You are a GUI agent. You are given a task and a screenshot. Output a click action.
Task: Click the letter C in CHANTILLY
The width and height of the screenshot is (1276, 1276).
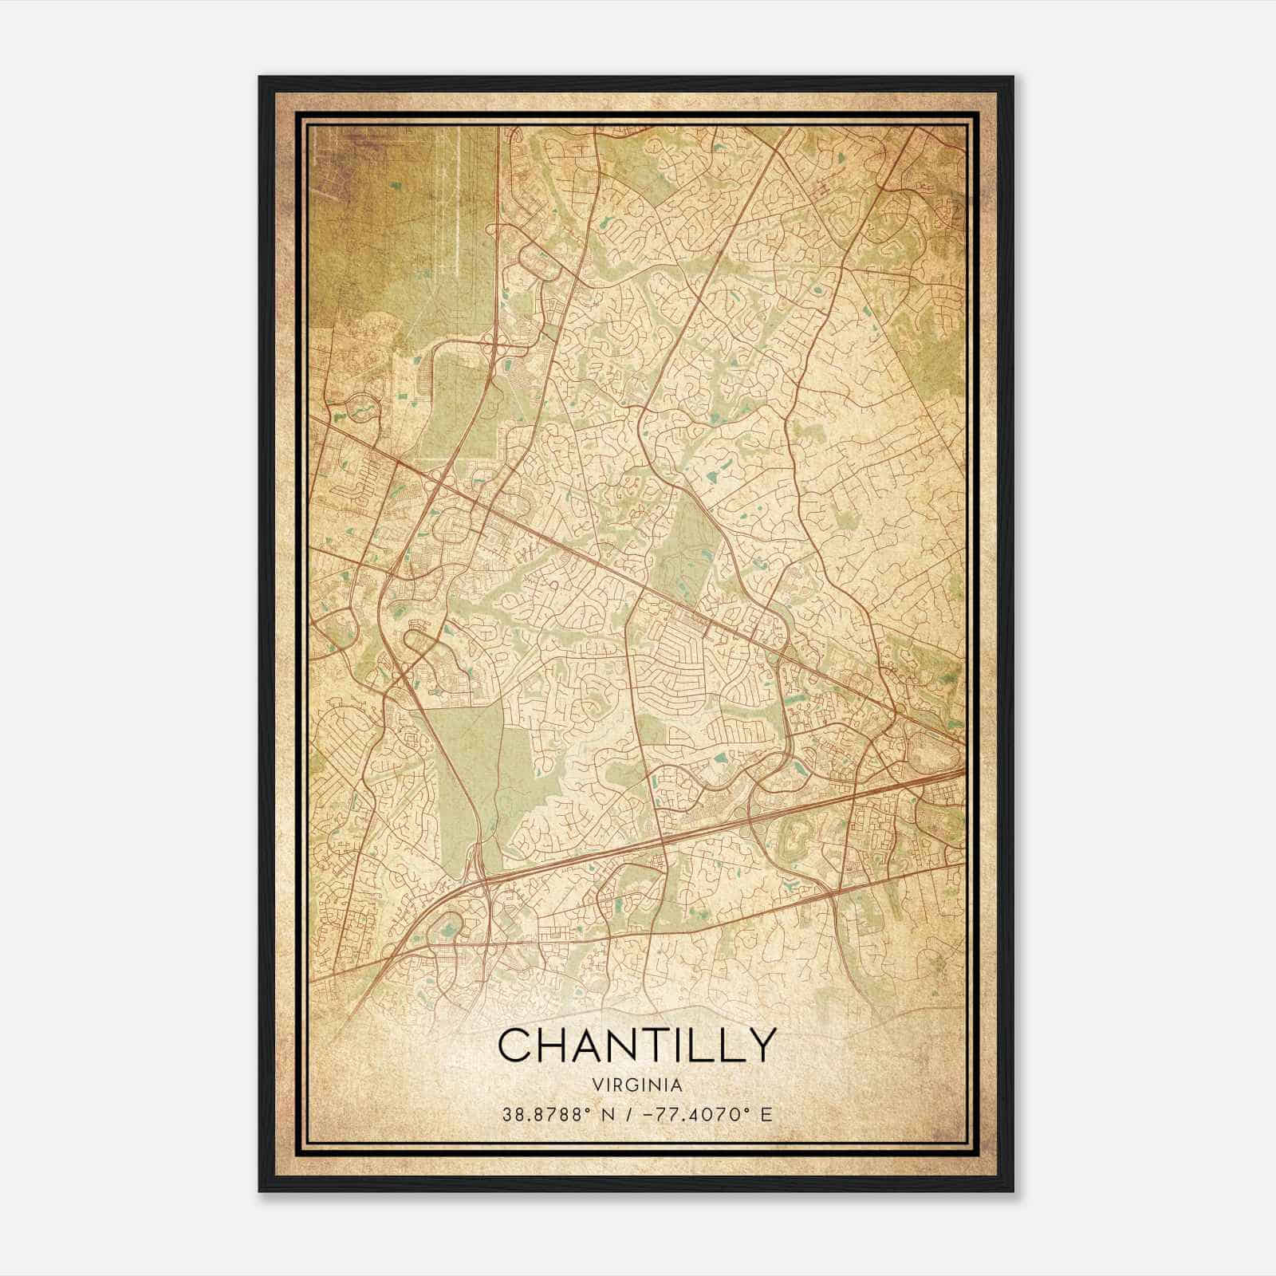pos(515,1045)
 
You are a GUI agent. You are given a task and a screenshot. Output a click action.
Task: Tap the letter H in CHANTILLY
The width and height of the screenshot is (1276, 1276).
pos(555,1045)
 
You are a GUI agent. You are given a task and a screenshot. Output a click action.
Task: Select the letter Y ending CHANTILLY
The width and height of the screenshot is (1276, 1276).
pos(759,1045)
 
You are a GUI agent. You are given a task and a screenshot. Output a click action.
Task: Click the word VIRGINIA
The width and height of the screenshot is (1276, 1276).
pos(637,1085)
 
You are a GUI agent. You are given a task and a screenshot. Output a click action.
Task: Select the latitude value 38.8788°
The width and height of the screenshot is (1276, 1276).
pos(545,1114)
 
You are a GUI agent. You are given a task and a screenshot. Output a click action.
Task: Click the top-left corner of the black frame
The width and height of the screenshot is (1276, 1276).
pos(261,78)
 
